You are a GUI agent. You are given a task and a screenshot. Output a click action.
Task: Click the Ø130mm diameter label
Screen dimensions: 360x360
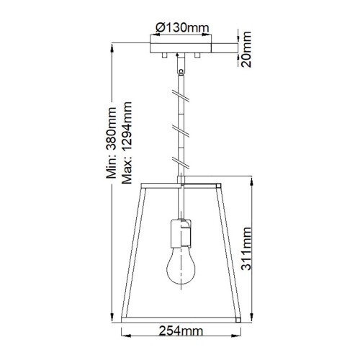pyautogui.click(x=181, y=28)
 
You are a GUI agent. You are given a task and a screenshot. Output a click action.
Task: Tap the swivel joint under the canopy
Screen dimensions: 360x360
pyautogui.click(x=180, y=66)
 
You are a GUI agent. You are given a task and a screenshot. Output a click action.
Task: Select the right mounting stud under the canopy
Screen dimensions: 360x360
pyautogui.click(x=199, y=55)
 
